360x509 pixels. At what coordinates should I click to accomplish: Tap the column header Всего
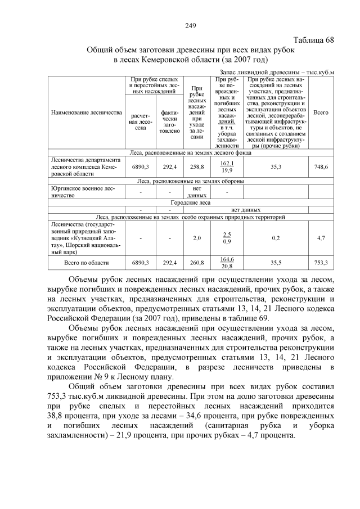pyautogui.click(x=321, y=112)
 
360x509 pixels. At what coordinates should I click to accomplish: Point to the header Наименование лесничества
pyautogui.click(x=87, y=112)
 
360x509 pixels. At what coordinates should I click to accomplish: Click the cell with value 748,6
pyautogui.click(x=321, y=167)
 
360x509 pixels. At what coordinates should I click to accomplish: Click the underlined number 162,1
pyautogui.click(x=227, y=163)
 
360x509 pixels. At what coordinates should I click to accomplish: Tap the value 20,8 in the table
pyautogui.click(x=227, y=266)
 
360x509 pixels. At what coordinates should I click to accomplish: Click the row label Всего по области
pyautogui.click(x=87, y=262)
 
